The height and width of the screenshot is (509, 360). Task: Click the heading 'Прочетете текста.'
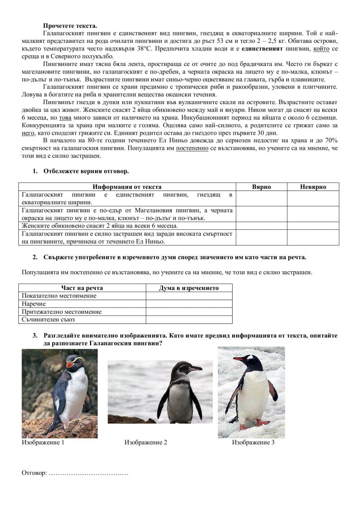pyautogui.click(x=70, y=26)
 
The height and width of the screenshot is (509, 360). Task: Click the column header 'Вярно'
pyautogui.click(x=261, y=187)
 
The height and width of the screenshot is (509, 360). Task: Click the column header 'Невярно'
pyautogui.click(x=313, y=187)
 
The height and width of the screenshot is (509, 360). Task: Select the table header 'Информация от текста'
pyautogui.click(x=127, y=187)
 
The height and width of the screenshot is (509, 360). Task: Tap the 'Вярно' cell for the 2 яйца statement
pyautogui.click(x=261, y=226)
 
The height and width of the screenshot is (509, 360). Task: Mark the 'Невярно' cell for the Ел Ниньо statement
pyautogui.click(x=313, y=238)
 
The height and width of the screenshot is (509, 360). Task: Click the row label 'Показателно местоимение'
pyautogui.click(x=59, y=296)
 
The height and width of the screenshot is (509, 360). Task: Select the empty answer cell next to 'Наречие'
pyautogui.click(x=189, y=304)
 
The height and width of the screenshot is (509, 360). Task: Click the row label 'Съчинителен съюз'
pyautogui.click(x=48, y=320)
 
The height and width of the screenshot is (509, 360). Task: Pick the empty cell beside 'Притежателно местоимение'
pyautogui.click(x=189, y=312)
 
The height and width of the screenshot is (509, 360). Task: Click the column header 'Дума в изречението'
pyautogui.click(x=189, y=288)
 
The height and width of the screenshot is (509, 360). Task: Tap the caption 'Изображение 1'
pyautogui.click(x=43, y=442)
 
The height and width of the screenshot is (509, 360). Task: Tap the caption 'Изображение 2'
pyautogui.click(x=146, y=442)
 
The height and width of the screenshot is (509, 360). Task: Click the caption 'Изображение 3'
pyautogui.click(x=253, y=442)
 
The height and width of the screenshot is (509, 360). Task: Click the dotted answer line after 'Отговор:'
pyautogui.click(x=88, y=473)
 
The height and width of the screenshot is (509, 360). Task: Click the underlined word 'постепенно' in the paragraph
pyautogui.click(x=192, y=148)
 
